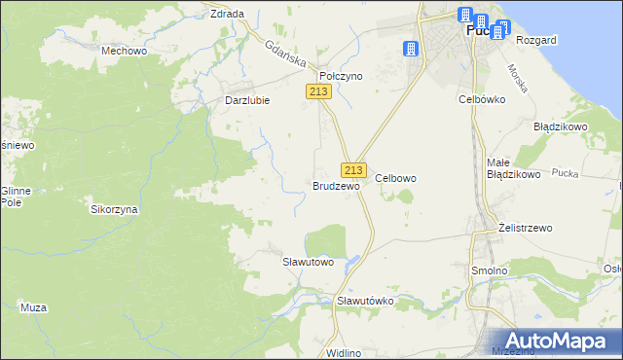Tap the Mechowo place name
(124, 49)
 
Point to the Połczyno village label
(341, 75)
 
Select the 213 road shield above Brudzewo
(353, 168)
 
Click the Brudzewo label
(336, 185)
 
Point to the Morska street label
(518, 78)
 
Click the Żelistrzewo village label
(525, 228)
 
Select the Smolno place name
(489, 270)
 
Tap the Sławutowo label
(308, 262)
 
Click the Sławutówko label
(365, 301)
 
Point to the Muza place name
(34, 307)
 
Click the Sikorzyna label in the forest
(115, 209)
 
